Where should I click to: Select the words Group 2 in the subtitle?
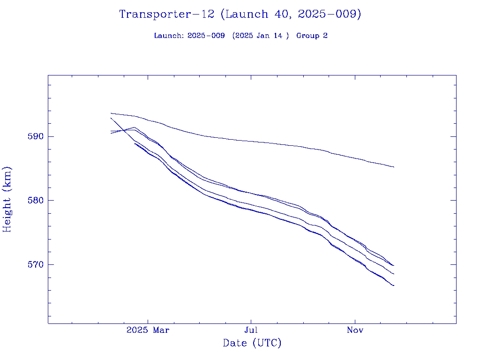[x=312, y=36]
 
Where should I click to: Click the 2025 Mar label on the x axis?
[x=148, y=330]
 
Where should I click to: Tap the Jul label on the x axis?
[x=251, y=330]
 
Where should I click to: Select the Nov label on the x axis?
[x=355, y=330]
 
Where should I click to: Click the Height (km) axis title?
[x=7, y=199]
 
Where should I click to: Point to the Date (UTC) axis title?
[x=252, y=343]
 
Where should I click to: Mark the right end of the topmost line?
[x=394, y=167]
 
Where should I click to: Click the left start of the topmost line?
[x=111, y=113]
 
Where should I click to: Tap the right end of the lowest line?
[x=394, y=285]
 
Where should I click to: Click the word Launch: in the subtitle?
[x=169, y=36]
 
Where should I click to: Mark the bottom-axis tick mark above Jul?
[x=251, y=321]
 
